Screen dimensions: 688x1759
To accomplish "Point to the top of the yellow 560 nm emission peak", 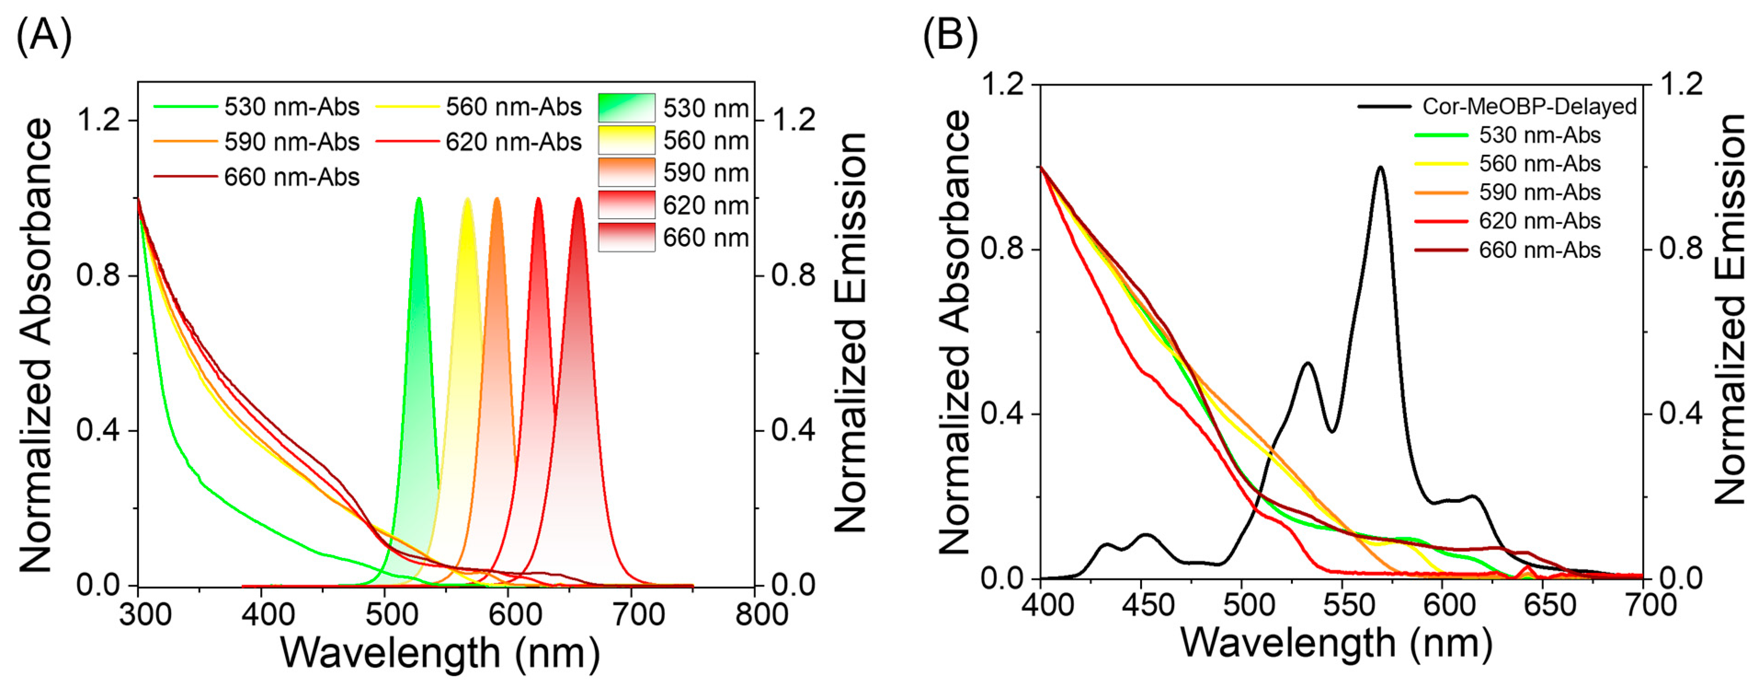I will tap(468, 199).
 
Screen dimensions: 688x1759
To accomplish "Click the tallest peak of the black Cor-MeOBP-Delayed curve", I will tap(1380, 167).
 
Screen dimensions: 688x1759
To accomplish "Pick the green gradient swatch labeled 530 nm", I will tap(626, 108).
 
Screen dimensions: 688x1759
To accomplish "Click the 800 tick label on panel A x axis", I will tap(761, 615).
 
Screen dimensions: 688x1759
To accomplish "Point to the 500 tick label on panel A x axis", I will tap(391, 615).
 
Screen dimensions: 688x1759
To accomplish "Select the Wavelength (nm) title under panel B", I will tap(1336, 643).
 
